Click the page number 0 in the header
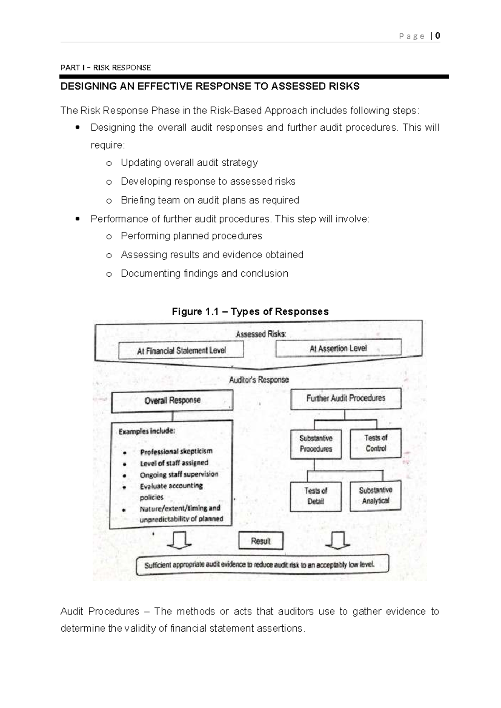(437, 36)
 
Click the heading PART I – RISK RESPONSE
(106, 68)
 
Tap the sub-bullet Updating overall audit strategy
(189, 162)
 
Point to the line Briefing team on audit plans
(210, 200)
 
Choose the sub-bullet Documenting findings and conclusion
(204, 273)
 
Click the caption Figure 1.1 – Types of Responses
(250, 311)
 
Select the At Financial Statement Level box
(181, 350)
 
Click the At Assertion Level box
(338, 348)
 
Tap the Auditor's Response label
(259, 380)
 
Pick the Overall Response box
(172, 401)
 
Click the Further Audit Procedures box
(346, 398)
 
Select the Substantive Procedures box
(316, 444)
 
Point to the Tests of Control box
(376, 443)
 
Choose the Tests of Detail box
(316, 496)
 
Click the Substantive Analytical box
(375, 496)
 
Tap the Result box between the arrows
(261, 541)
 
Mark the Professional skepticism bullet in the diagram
(176, 451)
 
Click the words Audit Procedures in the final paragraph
(100, 612)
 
